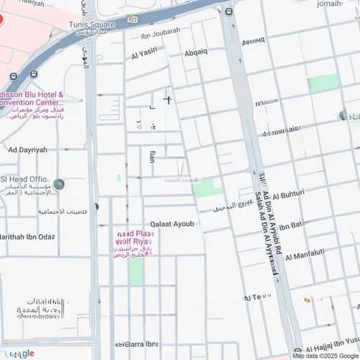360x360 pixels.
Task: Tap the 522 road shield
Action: (x=132, y=17)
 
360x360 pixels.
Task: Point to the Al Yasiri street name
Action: (x=145, y=52)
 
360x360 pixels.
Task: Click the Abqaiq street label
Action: (x=196, y=52)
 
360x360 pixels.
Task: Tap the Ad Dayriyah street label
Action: (x=27, y=150)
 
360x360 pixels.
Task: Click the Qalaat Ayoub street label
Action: (x=172, y=224)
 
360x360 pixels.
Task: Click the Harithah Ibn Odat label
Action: (x=27, y=237)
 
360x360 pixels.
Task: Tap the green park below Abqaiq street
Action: (x=207, y=187)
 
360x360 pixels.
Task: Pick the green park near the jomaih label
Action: (x=323, y=83)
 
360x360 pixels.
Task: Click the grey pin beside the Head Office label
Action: (x=58, y=184)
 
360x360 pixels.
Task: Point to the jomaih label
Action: (x=348, y=4)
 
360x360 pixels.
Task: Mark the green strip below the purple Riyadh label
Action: (x=136, y=271)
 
